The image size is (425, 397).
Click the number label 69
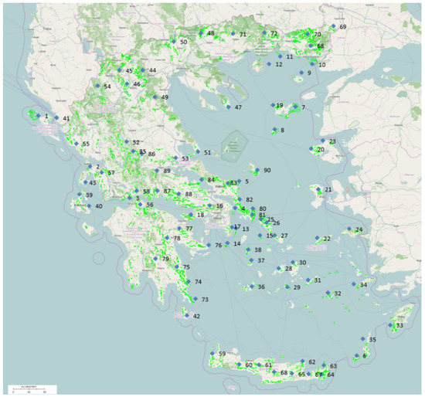coord(343,27)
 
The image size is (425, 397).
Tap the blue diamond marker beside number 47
coord(229,107)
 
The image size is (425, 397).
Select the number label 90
coord(267,170)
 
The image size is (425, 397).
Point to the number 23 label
coord(332,142)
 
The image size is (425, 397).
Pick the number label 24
coord(359,230)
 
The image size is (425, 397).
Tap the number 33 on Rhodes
coord(399,325)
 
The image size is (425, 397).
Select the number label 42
coord(196,316)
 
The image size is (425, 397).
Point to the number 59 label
coord(222,354)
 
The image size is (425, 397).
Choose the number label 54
coord(107,87)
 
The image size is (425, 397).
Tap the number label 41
coord(66,118)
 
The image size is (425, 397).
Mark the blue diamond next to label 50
coord(173,42)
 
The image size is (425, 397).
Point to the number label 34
coord(363,285)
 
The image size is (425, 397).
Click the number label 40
coord(99,206)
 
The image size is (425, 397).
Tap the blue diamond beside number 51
coord(199,153)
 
